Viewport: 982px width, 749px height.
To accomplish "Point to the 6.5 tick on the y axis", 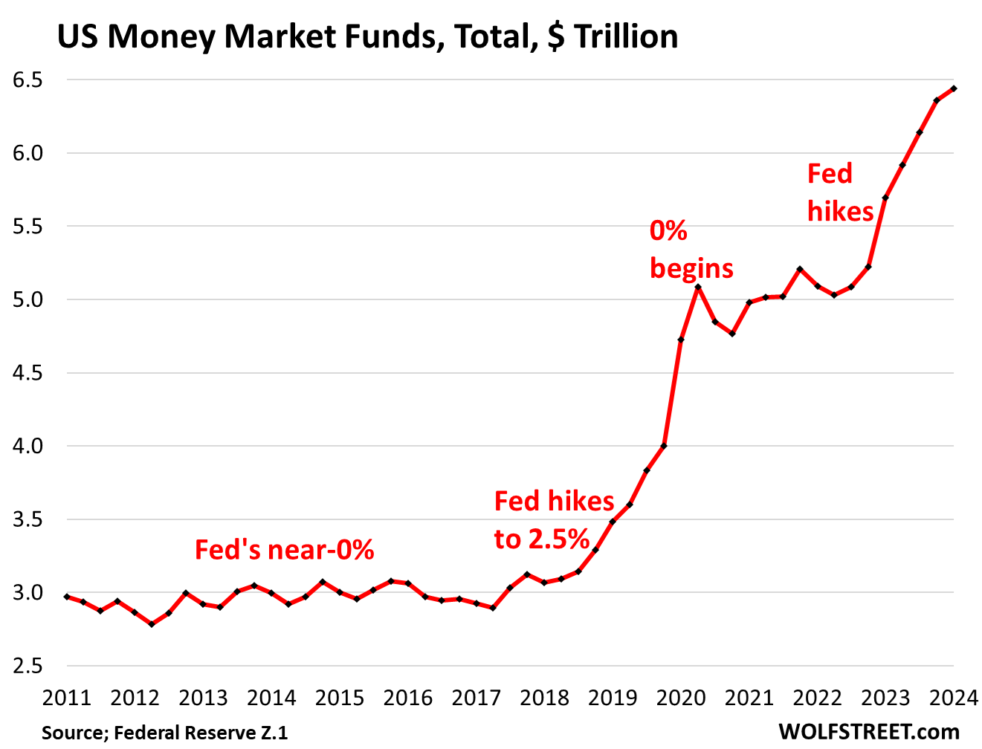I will pos(28,80).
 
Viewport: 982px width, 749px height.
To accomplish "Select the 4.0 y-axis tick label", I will pos(28,447).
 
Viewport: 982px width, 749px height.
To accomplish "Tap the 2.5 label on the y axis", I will pos(28,667).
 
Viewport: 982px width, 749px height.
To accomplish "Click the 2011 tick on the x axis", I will pos(66,698).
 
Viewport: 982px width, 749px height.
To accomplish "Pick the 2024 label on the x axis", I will pos(954,698).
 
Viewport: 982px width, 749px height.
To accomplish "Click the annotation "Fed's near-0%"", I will pos(284,551).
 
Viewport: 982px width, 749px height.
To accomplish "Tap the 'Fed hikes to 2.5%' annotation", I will pos(554,520).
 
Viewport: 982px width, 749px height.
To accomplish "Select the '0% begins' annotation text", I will pos(691,250).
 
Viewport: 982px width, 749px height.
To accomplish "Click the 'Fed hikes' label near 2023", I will pos(840,193).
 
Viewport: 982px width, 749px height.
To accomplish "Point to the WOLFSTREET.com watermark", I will pos(869,732).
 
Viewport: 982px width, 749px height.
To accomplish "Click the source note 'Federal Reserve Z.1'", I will pos(164,733).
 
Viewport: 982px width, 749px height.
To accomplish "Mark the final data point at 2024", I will pos(954,88).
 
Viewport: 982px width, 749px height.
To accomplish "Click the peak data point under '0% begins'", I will pos(698,287).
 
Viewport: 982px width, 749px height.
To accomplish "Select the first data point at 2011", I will pos(66,597).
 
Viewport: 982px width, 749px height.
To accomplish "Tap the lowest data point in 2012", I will pos(152,624).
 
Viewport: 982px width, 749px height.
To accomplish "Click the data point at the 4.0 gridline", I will pos(664,446).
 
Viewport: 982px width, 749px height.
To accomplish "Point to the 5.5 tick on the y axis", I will pos(28,227).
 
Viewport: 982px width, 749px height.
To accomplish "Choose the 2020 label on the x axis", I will pos(681,698).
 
